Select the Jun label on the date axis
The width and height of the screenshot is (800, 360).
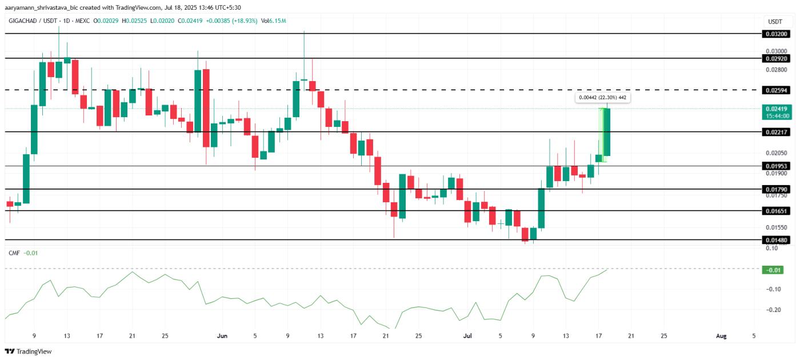222,336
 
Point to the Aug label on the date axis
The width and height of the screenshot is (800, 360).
721,336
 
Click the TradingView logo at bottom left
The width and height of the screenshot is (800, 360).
29,351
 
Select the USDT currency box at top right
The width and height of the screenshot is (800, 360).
775,21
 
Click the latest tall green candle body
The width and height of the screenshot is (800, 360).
607,131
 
